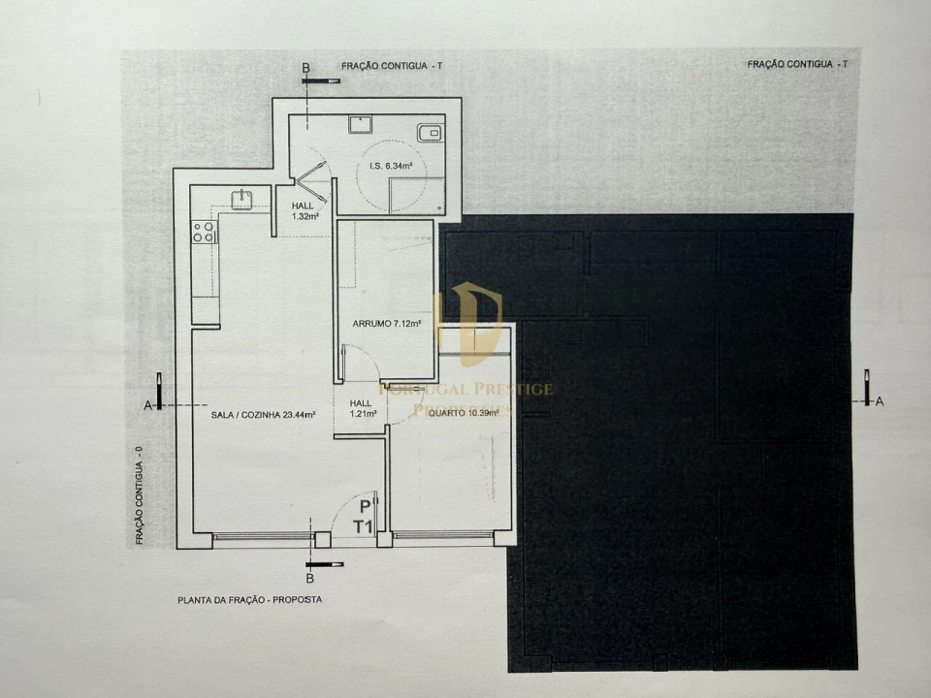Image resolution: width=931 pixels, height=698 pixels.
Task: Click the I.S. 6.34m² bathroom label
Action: [x=392, y=166]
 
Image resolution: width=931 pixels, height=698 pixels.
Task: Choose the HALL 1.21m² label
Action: [x=361, y=409]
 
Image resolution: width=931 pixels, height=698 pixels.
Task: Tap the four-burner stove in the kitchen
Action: [x=204, y=232]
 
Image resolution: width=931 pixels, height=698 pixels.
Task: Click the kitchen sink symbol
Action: [x=241, y=200]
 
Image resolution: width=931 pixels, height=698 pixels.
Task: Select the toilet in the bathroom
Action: [x=429, y=133]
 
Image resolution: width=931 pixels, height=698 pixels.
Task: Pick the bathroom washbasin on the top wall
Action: [x=361, y=123]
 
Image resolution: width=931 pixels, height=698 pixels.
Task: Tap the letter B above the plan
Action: [x=305, y=67]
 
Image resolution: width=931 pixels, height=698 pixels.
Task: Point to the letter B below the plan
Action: [x=309, y=579]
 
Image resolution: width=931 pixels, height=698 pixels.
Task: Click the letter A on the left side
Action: [x=147, y=405]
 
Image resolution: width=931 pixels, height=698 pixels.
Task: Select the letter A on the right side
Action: [x=880, y=400]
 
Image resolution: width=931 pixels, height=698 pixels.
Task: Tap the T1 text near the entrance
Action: [x=364, y=526]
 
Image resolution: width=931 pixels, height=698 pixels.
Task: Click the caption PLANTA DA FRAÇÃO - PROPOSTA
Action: [x=249, y=600]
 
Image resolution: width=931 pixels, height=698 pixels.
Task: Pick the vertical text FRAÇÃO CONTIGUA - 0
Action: [x=140, y=493]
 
